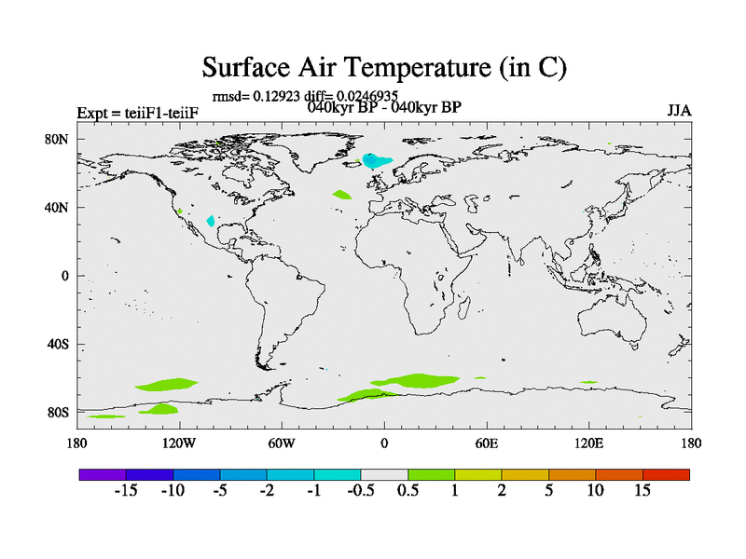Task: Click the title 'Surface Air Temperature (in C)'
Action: coord(384,67)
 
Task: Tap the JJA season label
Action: coord(679,111)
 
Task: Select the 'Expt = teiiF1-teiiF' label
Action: coord(137,113)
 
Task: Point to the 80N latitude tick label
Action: coord(57,139)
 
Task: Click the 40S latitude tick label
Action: coord(58,344)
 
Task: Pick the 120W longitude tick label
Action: coord(179,443)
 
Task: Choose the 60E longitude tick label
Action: coord(487,443)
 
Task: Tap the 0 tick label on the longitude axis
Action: coord(384,443)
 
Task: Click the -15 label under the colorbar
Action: coord(126,490)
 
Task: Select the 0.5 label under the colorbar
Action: coord(408,490)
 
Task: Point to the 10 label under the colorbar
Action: coord(596,490)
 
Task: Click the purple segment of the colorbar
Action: coord(103,474)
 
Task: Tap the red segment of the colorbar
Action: coord(666,474)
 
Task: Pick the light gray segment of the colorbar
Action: coord(384,474)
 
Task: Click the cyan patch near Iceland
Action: coord(375,160)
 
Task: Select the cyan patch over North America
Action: coord(211,221)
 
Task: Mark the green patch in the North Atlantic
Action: coord(341,195)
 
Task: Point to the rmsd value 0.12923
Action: coord(276,97)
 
